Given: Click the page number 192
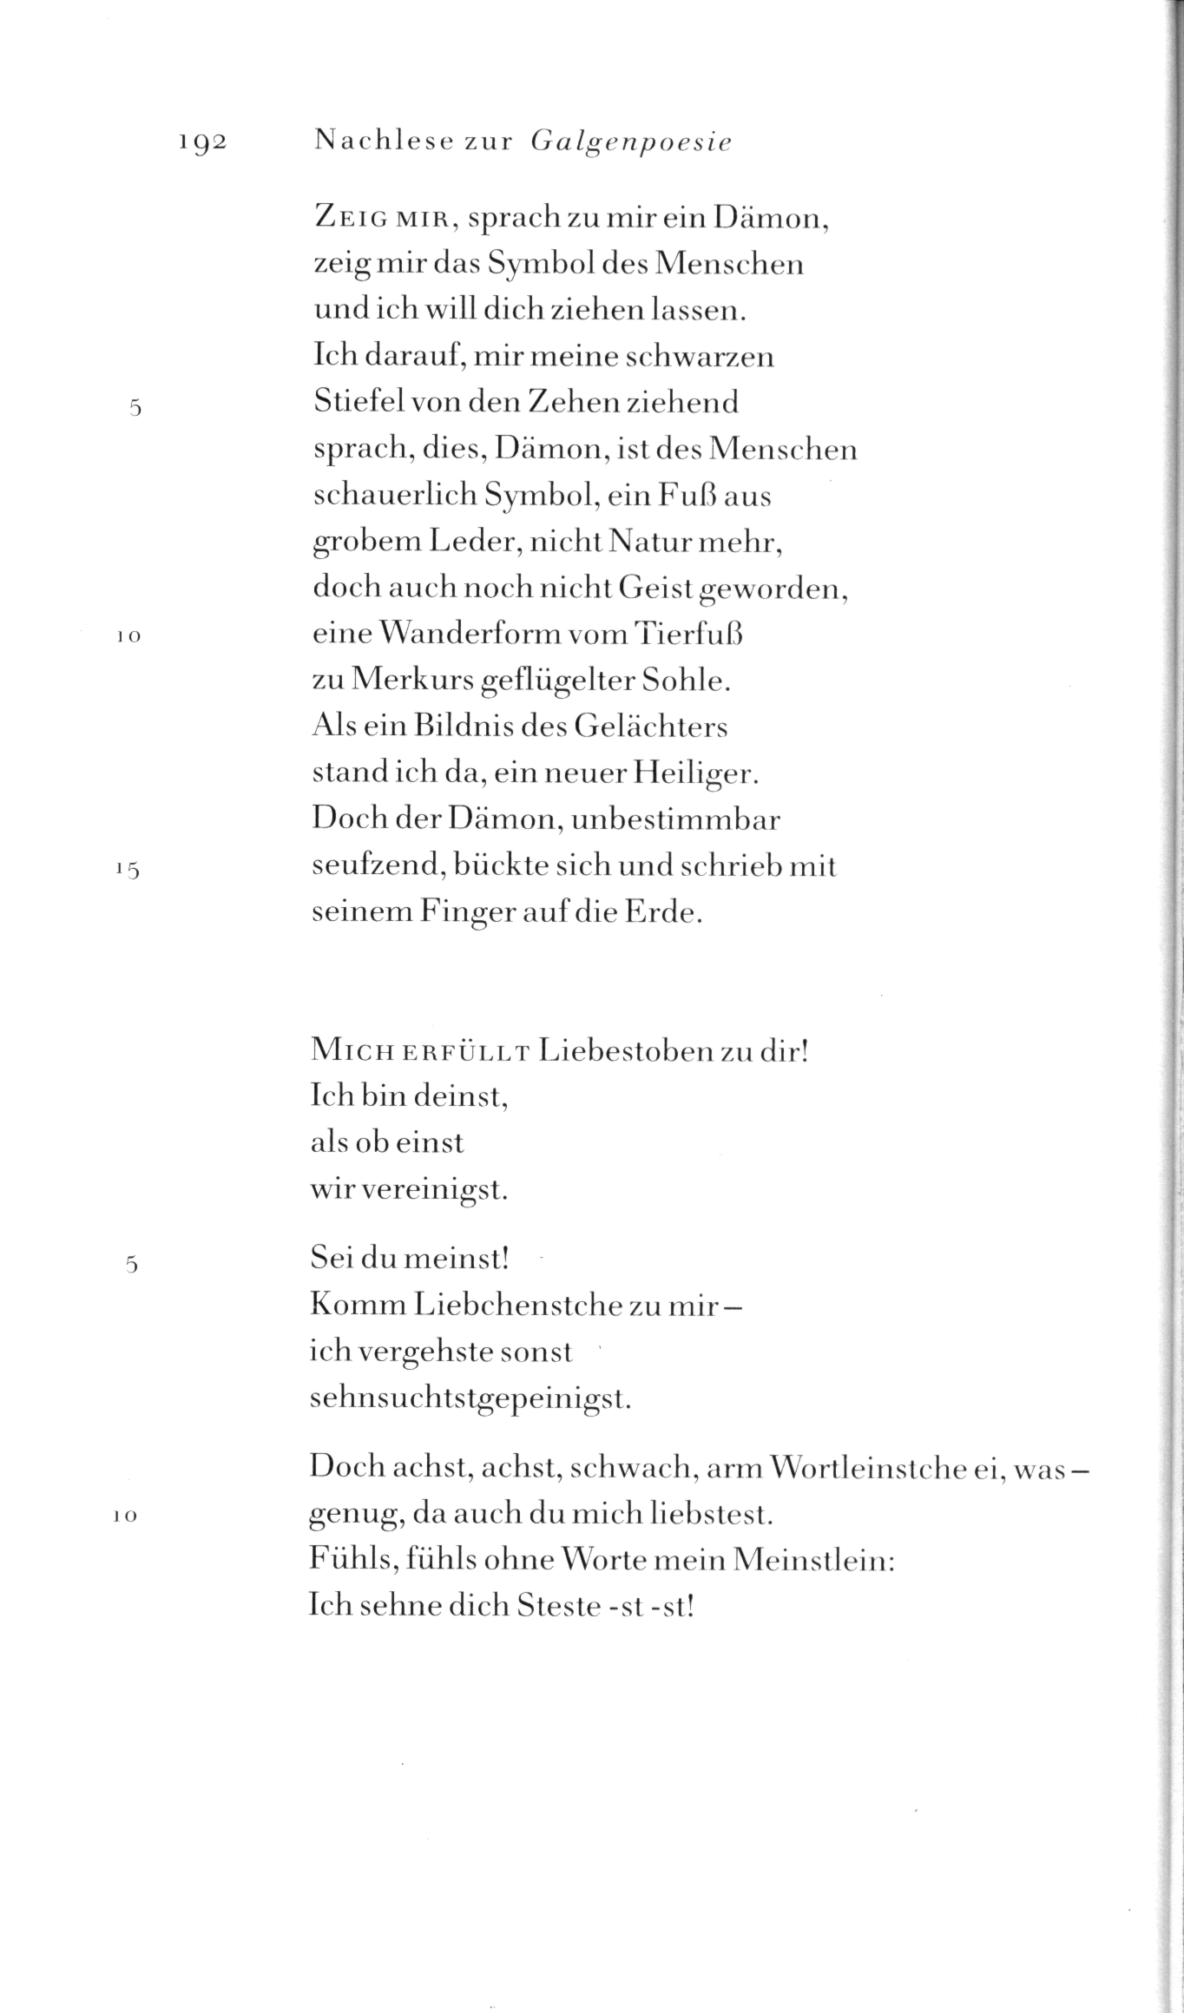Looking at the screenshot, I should tap(202, 142).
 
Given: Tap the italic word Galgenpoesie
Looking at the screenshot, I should tap(630, 142).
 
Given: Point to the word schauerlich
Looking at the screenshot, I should tap(395, 496).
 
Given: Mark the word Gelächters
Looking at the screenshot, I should tap(650, 727).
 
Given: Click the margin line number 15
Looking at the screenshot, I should tap(128, 868).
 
